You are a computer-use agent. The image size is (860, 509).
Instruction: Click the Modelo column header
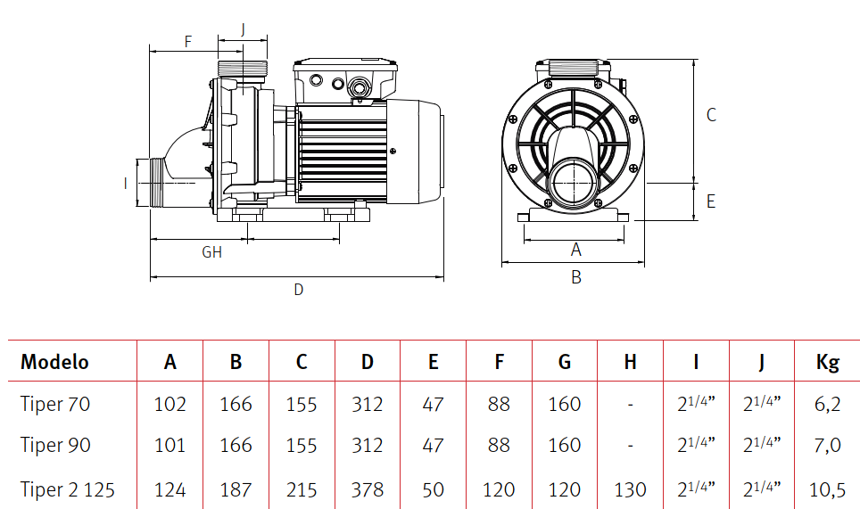coord(54,362)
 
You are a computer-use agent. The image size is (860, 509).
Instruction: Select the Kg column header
coord(828,363)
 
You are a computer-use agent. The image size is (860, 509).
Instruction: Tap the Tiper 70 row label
coord(54,404)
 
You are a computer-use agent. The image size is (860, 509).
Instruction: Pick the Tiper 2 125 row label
coord(68,489)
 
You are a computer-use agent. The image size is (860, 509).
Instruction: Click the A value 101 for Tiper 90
coord(170,445)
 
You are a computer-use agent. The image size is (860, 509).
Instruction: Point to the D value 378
coord(367,489)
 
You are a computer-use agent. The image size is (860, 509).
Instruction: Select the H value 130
coord(630,489)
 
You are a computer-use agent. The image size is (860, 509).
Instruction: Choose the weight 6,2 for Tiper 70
coord(828,405)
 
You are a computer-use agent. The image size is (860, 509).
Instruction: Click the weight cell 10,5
coord(828,489)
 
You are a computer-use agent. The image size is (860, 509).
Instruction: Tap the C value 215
coord(302,489)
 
